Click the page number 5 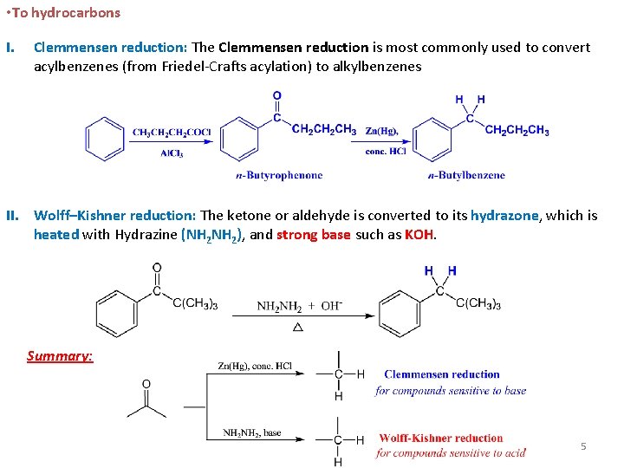[583, 446]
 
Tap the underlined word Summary [60, 356]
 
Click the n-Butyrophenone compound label [279, 175]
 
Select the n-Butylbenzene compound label [466, 175]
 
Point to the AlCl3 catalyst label [172, 153]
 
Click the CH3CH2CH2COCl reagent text [172, 133]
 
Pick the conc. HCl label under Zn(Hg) [385, 152]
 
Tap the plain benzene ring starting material [106, 139]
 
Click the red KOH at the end [419, 235]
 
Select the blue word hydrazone [505, 216]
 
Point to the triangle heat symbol [298, 328]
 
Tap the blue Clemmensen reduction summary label [442, 374]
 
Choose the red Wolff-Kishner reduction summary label [440, 439]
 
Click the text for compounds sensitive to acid [451, 453]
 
